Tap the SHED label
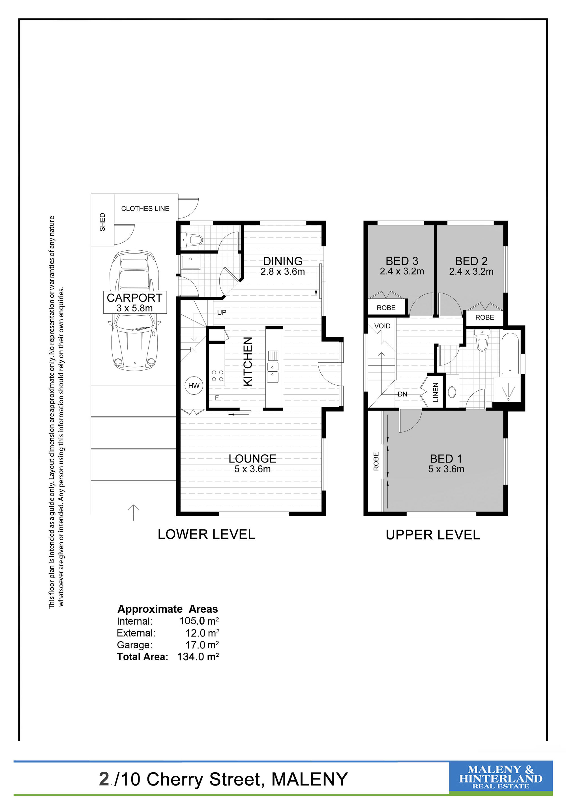click(x=102, y=222)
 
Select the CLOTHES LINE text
click(x=145, y=208)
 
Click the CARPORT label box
click(x=135, y=302)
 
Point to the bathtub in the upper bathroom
click(x=510, y=354)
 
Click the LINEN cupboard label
click(x=436, y=392)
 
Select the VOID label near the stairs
click(x=382, y=326)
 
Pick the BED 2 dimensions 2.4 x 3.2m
click(x=471, y=272)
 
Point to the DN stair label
click(x=402, y=394)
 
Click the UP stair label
click(x=222, y=313)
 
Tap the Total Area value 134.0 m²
click(x=198, y=657)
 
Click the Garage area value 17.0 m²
click(x=202, y=645)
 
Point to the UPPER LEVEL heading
click(x=433, y=535)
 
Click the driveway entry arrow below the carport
click(x=134, y=512)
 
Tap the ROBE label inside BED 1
click(x=376, y=461)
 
